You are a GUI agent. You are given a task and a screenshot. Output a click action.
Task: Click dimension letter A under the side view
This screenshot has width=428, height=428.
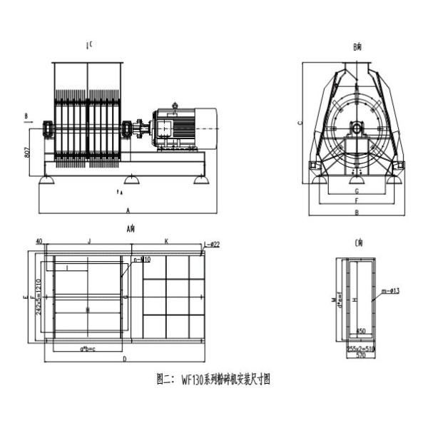[127, 211]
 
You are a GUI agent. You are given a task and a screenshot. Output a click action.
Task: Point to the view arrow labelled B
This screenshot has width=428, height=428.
[26, 114]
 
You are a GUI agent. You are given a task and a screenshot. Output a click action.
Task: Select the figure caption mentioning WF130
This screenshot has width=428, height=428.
[213, 379]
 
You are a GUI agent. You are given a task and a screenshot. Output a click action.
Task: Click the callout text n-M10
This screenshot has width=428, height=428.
[141, 259]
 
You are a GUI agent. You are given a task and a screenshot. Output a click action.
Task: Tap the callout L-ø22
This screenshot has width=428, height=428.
[212, 245]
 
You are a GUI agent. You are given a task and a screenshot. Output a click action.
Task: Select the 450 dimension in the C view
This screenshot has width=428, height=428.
[361, 331]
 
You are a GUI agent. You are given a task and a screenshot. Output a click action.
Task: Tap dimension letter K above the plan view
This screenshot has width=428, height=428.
[166, 242]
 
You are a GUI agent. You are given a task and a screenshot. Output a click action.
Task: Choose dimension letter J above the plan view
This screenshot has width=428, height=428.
[88, 242]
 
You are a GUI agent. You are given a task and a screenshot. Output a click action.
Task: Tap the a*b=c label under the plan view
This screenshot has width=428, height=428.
[88, 348]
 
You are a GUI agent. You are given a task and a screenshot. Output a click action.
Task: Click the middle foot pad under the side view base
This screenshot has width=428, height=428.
[131, 178]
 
